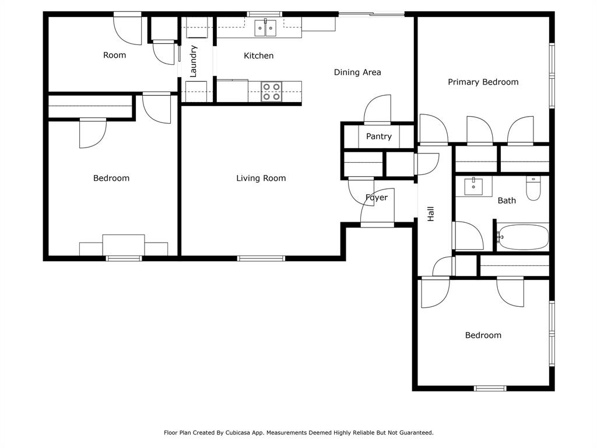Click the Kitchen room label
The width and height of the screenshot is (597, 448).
click(x=258, y=56)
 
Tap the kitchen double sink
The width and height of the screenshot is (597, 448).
click(x=266, y=27)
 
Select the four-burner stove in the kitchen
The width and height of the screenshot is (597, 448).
click(x=271, y=92)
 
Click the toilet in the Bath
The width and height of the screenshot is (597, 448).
click(x=533, y=189)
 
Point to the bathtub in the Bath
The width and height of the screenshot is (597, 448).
click(x=523, y=237)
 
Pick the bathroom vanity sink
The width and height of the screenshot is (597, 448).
click(x=473, y=187)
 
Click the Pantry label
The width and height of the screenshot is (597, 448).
click(x=379, y=136)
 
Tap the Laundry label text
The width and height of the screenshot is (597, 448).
click(x=194, y=61)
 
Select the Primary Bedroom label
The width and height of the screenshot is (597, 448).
click(x=483, y=82)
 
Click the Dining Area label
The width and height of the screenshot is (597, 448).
click(x=357, y=72)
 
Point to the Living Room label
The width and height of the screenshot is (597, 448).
click(x=261, y=178)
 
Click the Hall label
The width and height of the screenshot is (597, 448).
click(x=431, y=214)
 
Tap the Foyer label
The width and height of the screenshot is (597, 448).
click(x=377, y=198)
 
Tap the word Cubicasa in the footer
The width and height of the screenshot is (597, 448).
click(x=250, y=433)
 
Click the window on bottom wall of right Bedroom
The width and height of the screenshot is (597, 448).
click(x=490, y=388)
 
